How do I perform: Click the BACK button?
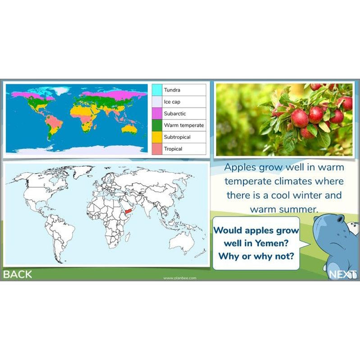point(18,274)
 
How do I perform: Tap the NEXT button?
point(343,274)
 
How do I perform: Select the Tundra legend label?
point(172,90)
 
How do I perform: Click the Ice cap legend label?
point(172,102)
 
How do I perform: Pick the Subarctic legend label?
point(175,113)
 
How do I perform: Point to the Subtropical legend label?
point(177,137)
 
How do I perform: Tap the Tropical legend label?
point(173,148)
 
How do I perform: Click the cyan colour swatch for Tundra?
point(157,90)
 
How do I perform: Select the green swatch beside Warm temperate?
point(157,125)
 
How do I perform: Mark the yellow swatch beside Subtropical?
point(157,137)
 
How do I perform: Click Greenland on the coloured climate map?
point(60,91)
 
